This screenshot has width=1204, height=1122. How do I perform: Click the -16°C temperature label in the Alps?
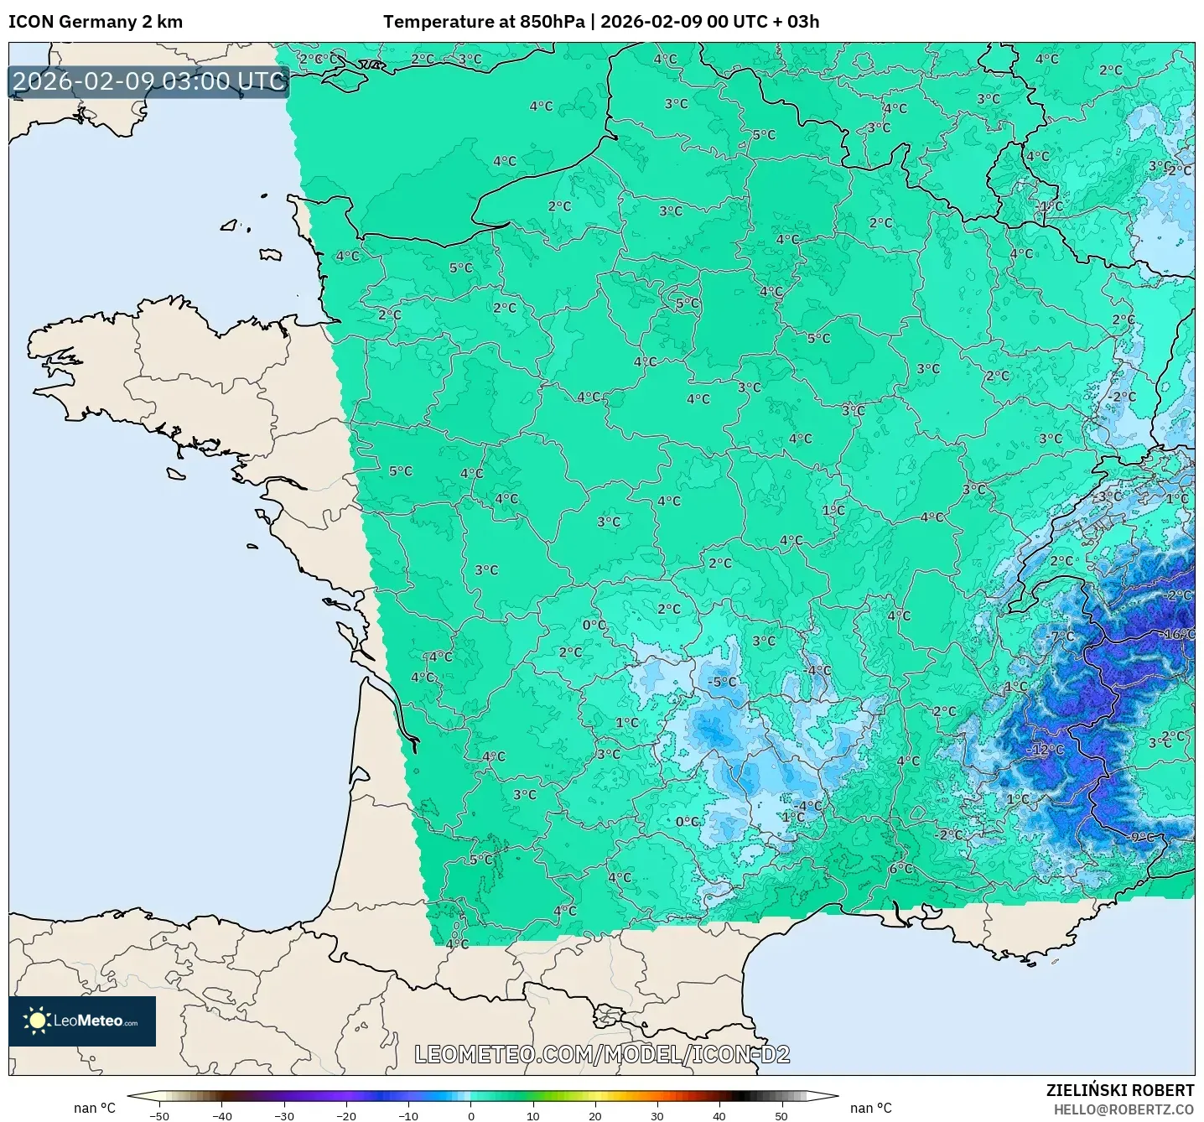click(1177, 634)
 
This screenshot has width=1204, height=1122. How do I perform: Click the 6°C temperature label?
click(900, 868)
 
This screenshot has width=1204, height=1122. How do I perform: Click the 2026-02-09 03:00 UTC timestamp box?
click(149, 81)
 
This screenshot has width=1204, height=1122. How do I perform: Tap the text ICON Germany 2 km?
click(96, 22)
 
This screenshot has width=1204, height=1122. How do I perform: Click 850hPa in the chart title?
click(552, 22)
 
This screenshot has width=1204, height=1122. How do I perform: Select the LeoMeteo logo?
click(82, 1021)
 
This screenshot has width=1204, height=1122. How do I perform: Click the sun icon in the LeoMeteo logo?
click(37, 1021)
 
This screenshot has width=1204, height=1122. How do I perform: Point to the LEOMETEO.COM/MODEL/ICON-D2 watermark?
click(602, 1054)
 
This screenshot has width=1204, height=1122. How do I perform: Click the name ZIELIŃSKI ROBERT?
click(1119, 1090)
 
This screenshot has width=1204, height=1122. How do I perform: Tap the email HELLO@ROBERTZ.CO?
click(1124, 1109)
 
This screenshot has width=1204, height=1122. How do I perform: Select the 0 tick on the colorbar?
click(471, 1115)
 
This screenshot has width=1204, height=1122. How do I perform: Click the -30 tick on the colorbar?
click(284, 1115)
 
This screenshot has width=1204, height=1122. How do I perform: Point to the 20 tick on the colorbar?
click(595, 1115)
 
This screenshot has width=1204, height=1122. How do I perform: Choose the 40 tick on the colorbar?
click(719, 1115)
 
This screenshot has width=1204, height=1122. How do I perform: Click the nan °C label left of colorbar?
click(94, 1108)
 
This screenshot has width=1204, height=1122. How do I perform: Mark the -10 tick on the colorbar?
click(408, 1115)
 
